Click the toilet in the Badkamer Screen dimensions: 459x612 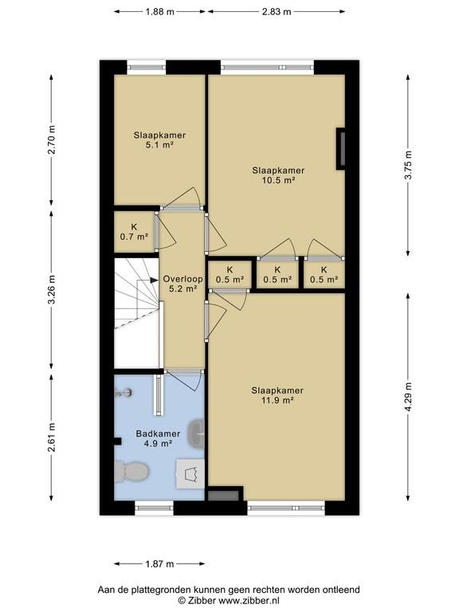click(131, 472)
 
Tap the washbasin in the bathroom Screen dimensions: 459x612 click(196, 433)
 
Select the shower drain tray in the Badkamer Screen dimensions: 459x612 click(190, 473)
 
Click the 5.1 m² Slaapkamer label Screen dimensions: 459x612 click(159, 140)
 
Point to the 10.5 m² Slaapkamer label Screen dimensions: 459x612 click(278, 175)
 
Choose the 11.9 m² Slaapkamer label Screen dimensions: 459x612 click(277, 395)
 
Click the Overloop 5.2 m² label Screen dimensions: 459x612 click(182, 284)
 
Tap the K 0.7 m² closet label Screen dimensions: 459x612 click(134, 231)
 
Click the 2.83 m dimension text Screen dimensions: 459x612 click(277, 12)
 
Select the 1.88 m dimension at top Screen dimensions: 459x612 click(159, 12)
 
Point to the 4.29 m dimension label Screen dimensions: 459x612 click(408, 397)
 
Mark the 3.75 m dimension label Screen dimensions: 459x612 click(408, 165)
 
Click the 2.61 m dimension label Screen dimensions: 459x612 click(51, 437)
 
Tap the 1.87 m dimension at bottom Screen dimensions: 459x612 click(159, 563)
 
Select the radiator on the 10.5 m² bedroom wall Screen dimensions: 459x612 click(341, 149)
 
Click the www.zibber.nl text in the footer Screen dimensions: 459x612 click(249, 601)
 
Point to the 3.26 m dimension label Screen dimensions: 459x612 click(51, 289)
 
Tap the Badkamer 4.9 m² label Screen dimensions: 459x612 click(158, 438)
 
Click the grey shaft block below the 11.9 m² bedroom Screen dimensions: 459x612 click(223, 496)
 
